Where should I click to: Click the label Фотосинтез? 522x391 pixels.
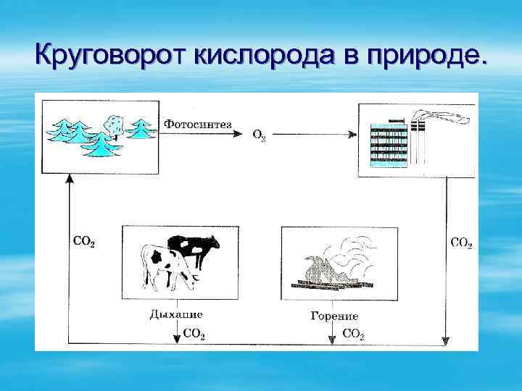(x=198, y=124)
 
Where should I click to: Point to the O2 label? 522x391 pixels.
(x=258, y=135)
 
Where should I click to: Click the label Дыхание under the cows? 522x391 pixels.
(x=175, y=314)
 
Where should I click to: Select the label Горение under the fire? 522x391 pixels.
(x=333, y=316)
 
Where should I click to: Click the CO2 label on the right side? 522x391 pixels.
(x=461, y=243)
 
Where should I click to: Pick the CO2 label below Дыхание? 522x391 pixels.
(x=194, y=334)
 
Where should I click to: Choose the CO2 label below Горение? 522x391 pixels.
(x=352, y=334)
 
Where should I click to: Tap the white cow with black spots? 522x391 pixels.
(x=165, y=266)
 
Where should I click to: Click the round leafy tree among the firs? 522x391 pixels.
(x=115, y=124)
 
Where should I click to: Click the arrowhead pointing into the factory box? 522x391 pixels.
(x=352, y=135)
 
